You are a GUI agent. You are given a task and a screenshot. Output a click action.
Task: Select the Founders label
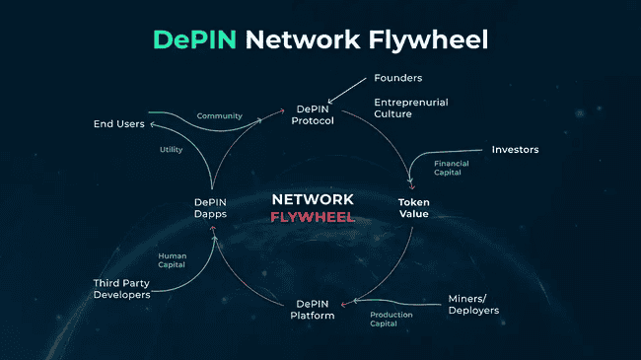point(397,78)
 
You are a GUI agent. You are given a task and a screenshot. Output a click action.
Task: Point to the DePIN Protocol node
point(315,114)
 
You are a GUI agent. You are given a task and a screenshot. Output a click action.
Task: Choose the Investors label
point(515,150)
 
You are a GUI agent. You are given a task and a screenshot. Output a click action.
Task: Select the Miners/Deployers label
point(473,304)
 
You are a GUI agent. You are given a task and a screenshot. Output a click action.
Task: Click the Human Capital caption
point(173,260)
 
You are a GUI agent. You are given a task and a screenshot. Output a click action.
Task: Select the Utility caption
point(171,150)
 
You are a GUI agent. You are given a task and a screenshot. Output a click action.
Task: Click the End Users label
point(118,124)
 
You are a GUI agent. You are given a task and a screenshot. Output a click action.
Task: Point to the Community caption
point(219,116)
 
